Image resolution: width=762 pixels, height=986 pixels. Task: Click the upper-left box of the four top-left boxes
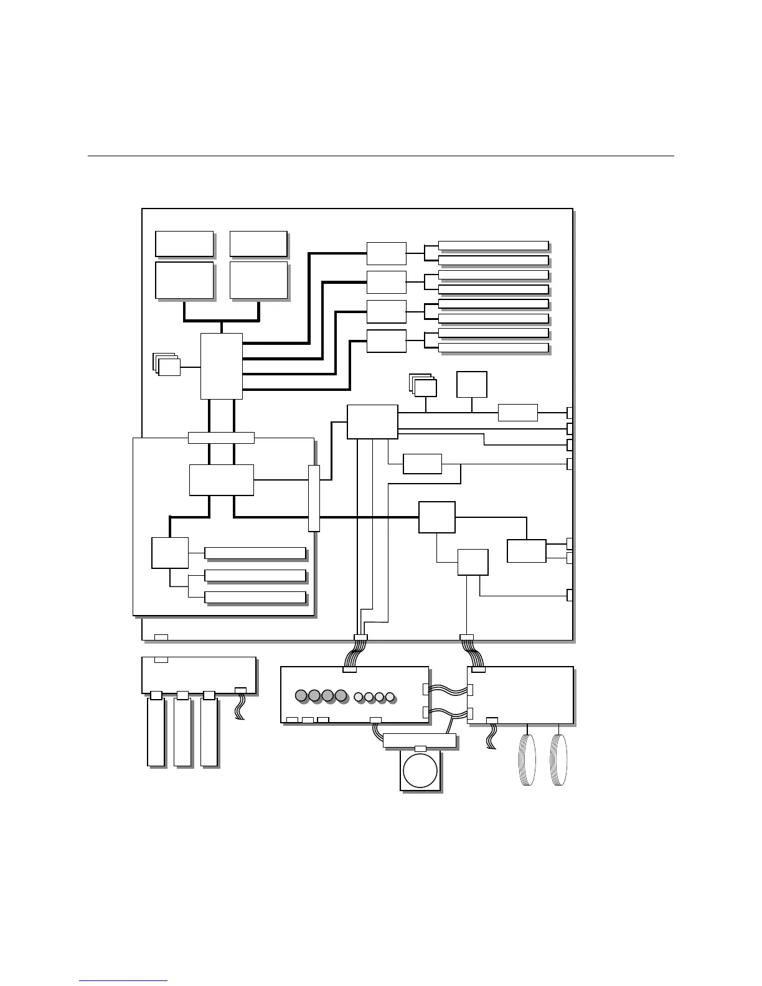click(184, 243)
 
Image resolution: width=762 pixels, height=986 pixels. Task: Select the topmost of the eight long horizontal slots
click(493, 245)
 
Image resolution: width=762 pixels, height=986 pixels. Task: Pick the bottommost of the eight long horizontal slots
click(493, 347)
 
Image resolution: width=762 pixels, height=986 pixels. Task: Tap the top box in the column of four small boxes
click(386, 253)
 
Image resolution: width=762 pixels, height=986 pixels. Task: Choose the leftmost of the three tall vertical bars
click(156, 731)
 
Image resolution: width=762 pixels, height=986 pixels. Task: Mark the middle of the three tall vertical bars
click(182, 731)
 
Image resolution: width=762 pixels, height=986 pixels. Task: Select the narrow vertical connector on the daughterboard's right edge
click(314, 498)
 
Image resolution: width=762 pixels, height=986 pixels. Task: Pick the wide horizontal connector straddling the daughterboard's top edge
click(221, 437)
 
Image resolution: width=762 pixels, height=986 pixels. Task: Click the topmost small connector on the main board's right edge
click(570, 413)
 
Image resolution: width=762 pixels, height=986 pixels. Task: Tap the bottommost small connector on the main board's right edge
click(570, 595)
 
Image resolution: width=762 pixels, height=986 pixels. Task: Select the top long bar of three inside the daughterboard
click(255, 553)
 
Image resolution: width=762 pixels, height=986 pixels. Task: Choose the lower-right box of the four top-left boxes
click(258, 280)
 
